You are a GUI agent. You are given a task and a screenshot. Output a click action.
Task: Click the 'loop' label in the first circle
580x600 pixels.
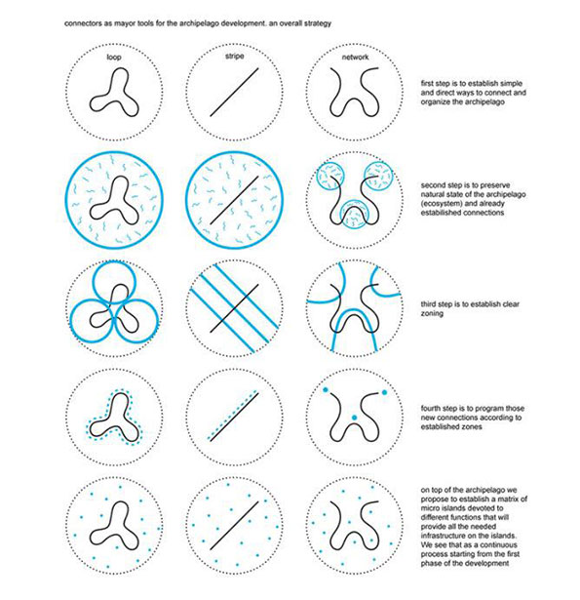pyautogui.click(x=114, y=58)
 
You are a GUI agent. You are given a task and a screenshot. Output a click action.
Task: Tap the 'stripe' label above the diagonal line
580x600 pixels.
pyautogui.click(x=234, y=57)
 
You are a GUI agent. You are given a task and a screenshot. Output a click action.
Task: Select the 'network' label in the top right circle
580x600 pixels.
pyautogui.click(x=355, y=57)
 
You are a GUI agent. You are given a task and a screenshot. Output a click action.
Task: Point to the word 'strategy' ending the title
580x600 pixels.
pyautogui.click(x=318, y=23)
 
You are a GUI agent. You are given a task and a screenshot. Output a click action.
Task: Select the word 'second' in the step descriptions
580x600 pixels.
pyautogui.click(x=433, y=185)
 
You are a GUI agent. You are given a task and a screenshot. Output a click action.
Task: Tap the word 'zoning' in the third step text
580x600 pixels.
pyautogui.click(x=432, y=314)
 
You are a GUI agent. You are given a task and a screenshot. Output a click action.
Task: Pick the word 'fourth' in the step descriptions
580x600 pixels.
pyautogui.click(x=430, y=408)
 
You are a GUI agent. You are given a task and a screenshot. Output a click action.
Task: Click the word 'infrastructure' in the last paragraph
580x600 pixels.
pyautogui.click(x=444, y=536)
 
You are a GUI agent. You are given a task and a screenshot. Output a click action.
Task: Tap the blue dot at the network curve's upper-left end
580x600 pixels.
pyautogui.click(x=326, y=390)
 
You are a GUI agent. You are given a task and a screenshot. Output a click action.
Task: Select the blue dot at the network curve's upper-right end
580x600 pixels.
pyautogui.click(x=384, y=392)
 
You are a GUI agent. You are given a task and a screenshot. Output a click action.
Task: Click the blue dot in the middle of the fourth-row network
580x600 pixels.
pyautogui.click(x=355, y=418)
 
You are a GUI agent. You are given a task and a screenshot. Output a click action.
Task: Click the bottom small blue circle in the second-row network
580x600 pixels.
pyautogui.click(x=355, y=200)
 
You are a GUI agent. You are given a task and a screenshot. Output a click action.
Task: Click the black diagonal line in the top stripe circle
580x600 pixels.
pyautogui.click(x=234, y=93)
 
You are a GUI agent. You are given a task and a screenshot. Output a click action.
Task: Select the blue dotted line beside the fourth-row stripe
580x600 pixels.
pyautogui.click(x=231, y=416)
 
